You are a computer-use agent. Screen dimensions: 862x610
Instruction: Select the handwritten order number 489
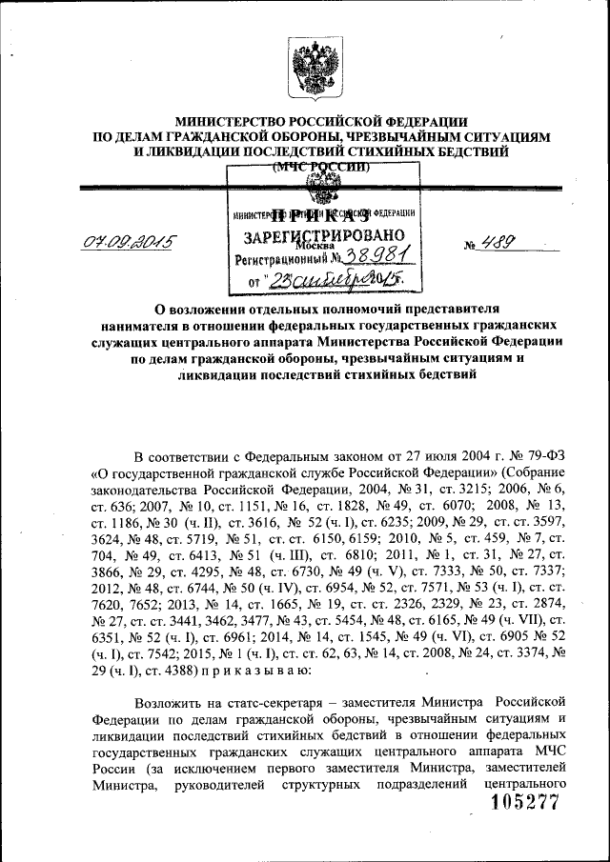coord(501,242)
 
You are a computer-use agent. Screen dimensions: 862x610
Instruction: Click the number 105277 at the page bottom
coord(524,803)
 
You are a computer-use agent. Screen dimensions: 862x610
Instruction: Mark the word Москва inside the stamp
coord(324,246)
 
